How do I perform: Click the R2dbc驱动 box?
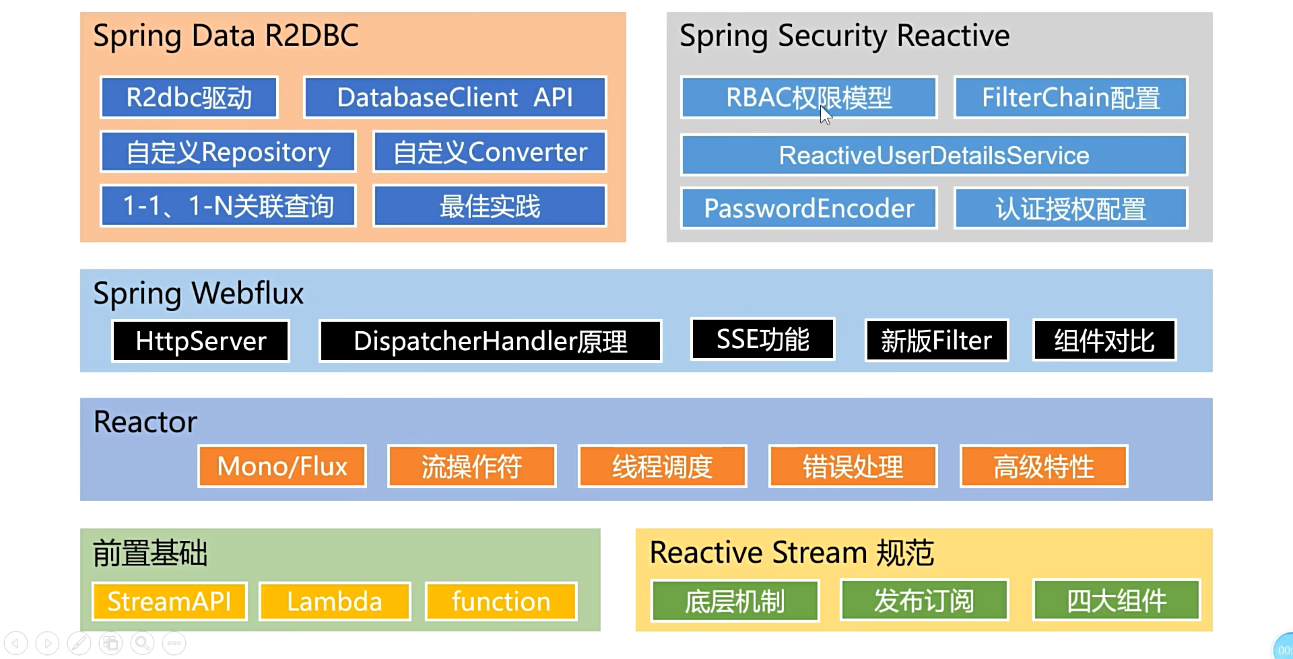pyautogui.click(x=189, y=98)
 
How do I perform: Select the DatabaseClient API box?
pyautogui.click(x=455, y=98)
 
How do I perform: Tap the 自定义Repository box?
pyautogui.click(x=228, y=152)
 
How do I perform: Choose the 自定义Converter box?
pyautogui.click(x=490, y=152)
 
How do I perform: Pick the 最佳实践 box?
pyautogui.click(x=490, y=206)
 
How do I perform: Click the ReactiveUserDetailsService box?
pyautogui.click(x=934, y=155)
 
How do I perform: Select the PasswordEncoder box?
pyautogui.click(x=809, y=209)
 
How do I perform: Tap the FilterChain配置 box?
pyautogui.click(x=1071, y=98)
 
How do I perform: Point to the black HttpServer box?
pyautogui.click(x=201, y=341)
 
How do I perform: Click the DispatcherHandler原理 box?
pyautogui.click(x=490, y=341)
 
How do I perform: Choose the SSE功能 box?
pyautogui.click(x=763, y=339)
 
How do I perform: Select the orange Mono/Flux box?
pyautogui.click(x=282, y=466)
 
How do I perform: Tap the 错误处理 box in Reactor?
pyautogui.click(x=853, y=466)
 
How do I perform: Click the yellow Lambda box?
pyautogui.click(x=335, y=602)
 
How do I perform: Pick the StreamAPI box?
pyautogui.click(x=169, y=602)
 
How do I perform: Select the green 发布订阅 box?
pyautogui.click(x=924, y=600)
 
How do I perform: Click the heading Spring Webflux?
pyautogui.click(x=199, y=293)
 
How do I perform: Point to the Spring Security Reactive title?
pyautogui.click(x=844, y=36)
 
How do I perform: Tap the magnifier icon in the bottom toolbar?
pyautogui.click(x=143, y=644)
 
